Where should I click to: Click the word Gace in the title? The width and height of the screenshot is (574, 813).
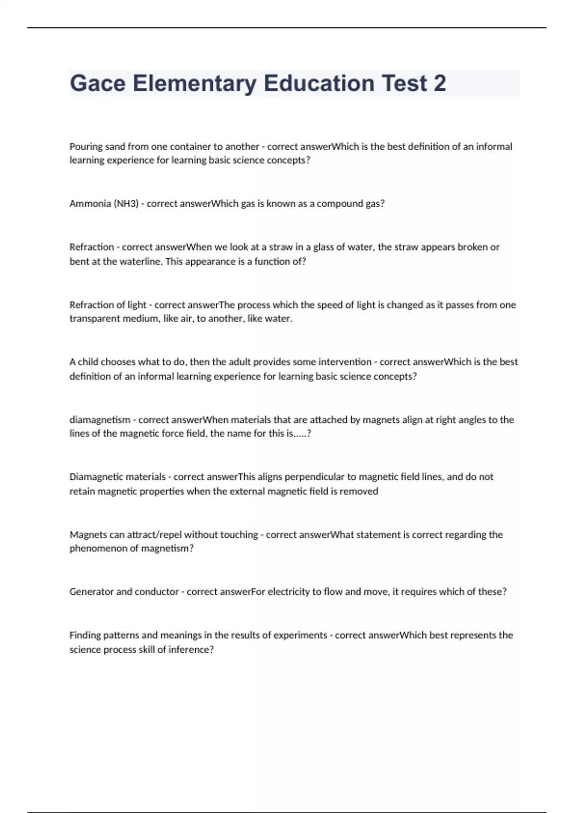click(x=98, y=83)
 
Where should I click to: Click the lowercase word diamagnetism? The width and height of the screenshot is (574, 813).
click(x=99, y=420)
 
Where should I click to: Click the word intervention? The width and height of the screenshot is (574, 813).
click(x=345, y=362)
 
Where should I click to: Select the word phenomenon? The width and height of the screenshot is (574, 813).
click(x=99, y=549)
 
